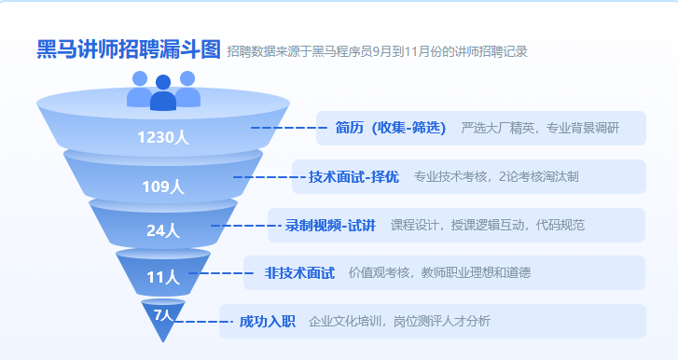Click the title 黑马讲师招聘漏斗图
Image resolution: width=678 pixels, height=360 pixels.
(129, 50)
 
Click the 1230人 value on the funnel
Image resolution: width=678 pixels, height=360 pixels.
(163, 138)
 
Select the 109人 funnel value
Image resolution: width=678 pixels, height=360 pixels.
(163, 187)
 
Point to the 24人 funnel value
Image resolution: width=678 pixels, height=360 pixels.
(163, 230)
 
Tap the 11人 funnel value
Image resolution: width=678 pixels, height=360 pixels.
(163, 277)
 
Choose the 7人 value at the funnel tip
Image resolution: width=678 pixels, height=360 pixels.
(163, 314)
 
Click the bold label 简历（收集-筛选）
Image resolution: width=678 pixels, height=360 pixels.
(390, 128)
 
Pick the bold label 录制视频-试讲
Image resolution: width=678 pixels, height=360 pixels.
(330, 225)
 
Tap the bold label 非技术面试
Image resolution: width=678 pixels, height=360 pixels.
(299, 273)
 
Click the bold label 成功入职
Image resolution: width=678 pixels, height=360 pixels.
(268, 322)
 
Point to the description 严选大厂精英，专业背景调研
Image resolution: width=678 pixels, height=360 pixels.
(540, 128)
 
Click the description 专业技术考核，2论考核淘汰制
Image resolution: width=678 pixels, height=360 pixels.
(496, 176)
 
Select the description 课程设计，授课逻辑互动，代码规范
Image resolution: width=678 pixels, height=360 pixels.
(488, 225)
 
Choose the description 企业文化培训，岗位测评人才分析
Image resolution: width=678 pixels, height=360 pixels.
(399, 322)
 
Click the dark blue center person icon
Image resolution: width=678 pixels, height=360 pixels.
(163, 94)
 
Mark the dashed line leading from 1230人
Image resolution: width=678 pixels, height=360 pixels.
(287, 128)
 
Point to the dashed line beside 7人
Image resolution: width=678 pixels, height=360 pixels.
(199, 322)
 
